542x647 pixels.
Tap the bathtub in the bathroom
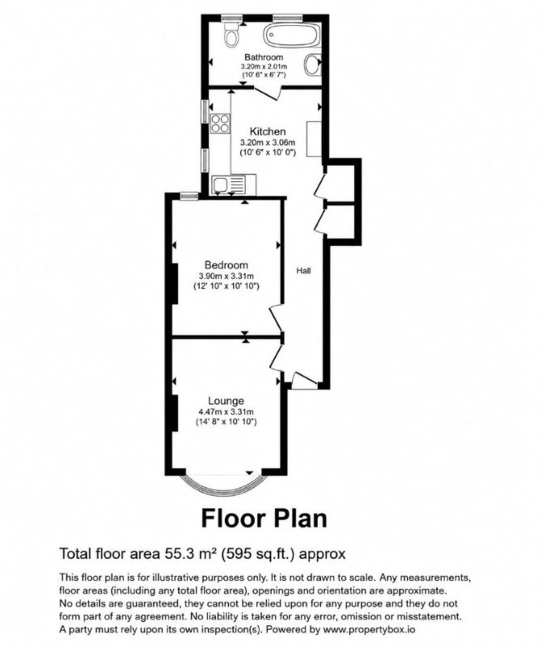[x=291, y=36]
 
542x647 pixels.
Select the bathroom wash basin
[x=313, y=65]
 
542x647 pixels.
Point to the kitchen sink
[x=228, y=184]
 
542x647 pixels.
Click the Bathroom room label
[x=264, y=57]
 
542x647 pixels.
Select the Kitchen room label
[x=268, y=132]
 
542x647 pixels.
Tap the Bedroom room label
[x=227, y=265]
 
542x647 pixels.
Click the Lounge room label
[x=226, y=400]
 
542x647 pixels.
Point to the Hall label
[x=303, y=271]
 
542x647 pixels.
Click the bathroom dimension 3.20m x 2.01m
[x=265, y=66]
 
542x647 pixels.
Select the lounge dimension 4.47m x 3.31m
[x=226, y=412]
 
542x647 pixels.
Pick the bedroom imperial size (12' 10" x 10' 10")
[x=227, y=286]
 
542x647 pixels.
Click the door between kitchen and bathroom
[x=267, y=93]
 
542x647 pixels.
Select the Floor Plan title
[x=265, y=518]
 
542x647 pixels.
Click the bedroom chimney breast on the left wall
[x=175, y=284]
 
